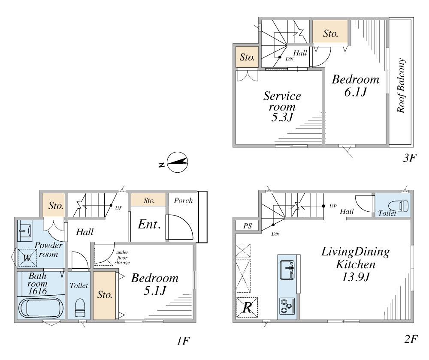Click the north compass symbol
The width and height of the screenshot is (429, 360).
click(177, 162)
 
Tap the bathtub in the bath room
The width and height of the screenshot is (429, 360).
click(41, 308)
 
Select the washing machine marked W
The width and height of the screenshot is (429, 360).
click(27, 257)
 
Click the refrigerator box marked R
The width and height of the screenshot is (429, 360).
click(247, 307)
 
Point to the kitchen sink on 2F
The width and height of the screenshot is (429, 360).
click(287, 269)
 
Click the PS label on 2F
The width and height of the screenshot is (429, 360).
click(248, 226)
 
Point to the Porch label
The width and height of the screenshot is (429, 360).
click(183, 201)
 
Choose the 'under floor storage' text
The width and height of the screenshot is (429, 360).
click(122, 257)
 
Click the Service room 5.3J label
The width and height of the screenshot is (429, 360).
click(282, 106)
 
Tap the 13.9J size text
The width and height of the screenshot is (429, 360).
click(356, 277)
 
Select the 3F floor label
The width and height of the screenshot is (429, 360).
click(410, 158)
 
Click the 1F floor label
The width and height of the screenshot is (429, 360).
click(183, 341)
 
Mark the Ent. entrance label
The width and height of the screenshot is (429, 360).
click(149, 224)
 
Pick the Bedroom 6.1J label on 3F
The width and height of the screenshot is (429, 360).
click(355, 85)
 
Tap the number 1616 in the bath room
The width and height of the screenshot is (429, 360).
click(37, 291)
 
